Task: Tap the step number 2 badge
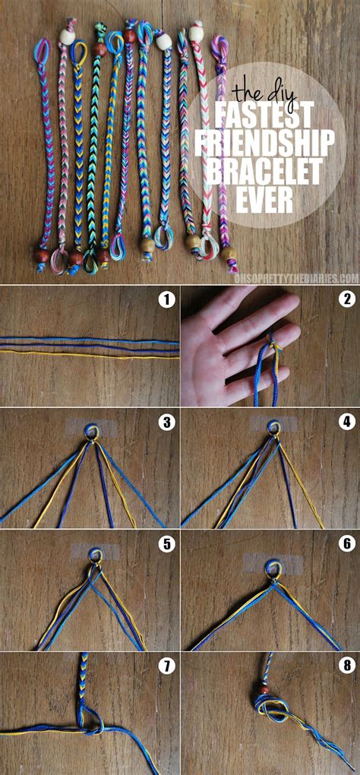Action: click(x=346, y=299)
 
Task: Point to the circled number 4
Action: click(x=346, y=422)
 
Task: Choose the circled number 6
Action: click(x=346, y=544)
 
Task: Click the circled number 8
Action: click(x=346, y=666)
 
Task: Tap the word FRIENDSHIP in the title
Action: click(x=265, y=142)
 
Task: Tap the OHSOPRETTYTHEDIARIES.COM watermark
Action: click(x=305, y=279)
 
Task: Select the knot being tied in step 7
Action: click(x=89, y=722)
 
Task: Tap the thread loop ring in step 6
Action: click(x=271, y=566)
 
